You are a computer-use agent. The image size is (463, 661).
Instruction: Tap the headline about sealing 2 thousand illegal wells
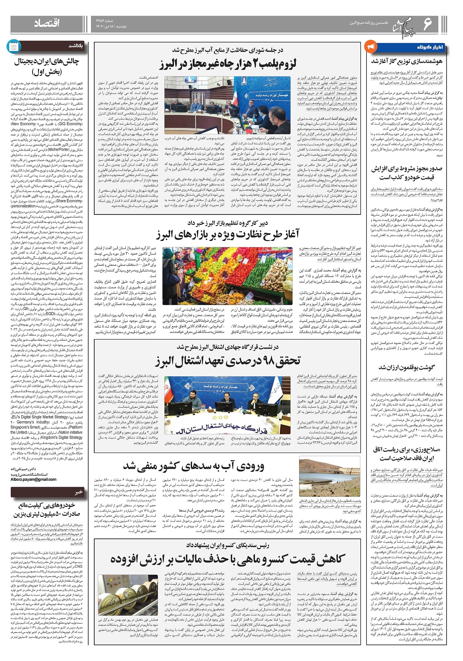228,63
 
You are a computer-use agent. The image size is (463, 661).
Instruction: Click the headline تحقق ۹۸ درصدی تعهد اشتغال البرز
227,360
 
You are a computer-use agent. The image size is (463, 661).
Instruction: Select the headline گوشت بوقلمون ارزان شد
406,367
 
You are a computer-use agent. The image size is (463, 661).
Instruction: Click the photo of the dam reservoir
330,478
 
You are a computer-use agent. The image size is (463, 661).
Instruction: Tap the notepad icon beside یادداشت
13,46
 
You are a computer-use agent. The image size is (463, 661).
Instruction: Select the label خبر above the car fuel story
79,492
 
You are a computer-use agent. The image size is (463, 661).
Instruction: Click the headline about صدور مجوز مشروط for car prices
406,173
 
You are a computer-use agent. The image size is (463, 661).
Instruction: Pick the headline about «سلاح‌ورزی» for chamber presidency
406,453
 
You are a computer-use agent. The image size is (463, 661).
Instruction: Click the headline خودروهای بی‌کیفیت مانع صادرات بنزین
47,509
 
